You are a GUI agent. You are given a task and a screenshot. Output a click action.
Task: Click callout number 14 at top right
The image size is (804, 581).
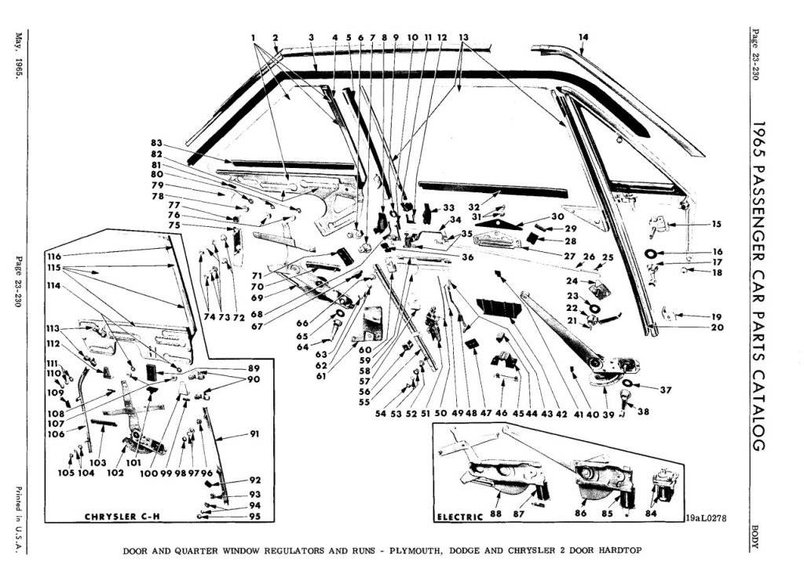(583, 36)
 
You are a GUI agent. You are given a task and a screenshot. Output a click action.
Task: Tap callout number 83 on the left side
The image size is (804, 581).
(156, 143)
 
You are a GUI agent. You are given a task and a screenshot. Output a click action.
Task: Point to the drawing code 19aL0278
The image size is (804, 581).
(705, 518)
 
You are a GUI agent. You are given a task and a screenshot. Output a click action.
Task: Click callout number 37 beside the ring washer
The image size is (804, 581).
(665, 389)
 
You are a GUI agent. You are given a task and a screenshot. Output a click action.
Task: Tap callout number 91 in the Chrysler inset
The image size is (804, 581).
(233, 434)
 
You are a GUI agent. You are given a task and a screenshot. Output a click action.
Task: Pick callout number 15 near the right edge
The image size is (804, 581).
(716, 224)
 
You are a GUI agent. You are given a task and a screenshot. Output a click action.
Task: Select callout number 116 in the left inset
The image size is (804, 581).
(53, 257)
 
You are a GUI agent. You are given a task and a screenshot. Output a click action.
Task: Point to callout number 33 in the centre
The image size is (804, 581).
(448, 207)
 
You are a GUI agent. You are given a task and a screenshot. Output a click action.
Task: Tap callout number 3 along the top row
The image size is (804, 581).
(311, 37)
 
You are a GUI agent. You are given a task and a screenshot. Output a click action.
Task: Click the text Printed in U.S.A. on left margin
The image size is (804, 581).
(16, 513)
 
